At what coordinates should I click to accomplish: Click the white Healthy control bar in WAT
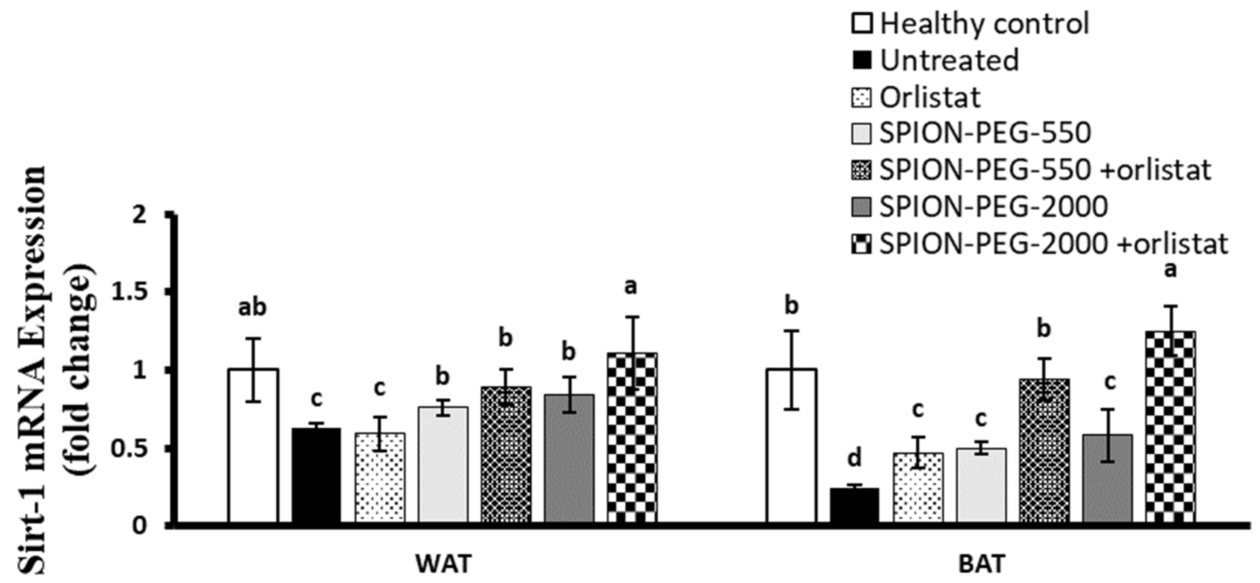click(253, 446)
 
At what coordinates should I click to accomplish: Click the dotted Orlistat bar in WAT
click(379, 477)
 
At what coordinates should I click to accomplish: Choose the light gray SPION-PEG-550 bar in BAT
click(981, 484)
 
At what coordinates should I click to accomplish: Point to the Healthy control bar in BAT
click(791, 446)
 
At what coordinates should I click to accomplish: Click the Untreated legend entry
click(949, 60)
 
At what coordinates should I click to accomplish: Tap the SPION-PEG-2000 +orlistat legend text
click(1054, 243)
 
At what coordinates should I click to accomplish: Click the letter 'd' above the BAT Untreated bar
click(854, 459)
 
